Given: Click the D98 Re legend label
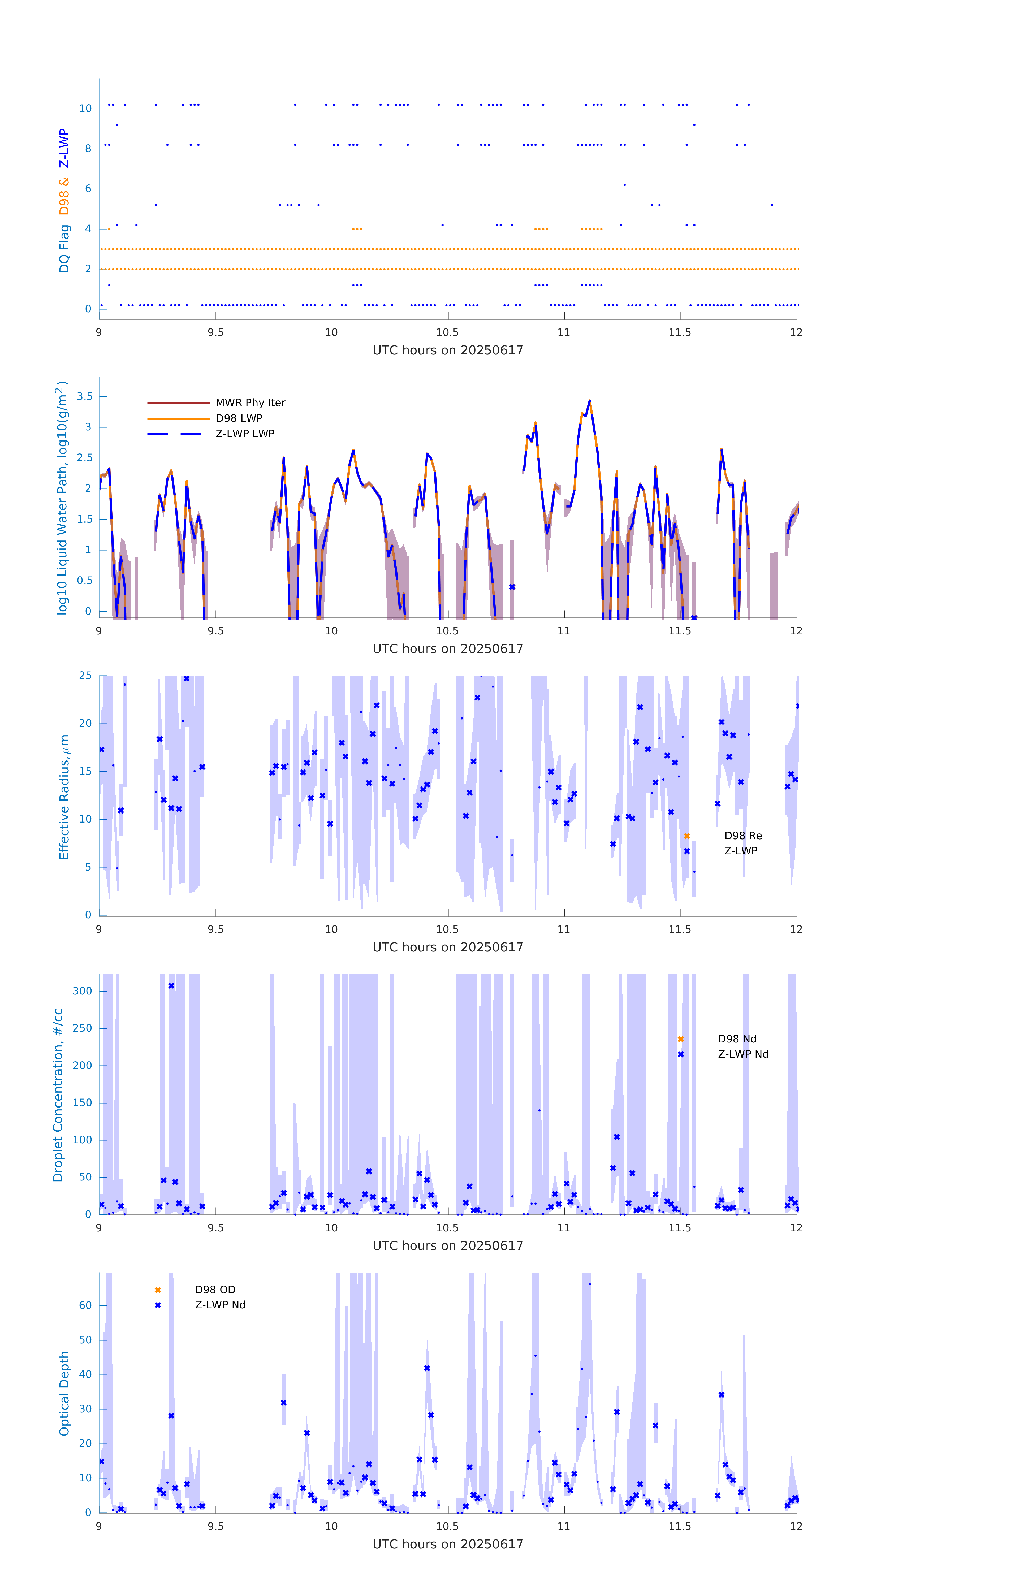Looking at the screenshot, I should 742,836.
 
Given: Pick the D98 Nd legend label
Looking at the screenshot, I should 737,1039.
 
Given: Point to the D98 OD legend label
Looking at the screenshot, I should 215,1289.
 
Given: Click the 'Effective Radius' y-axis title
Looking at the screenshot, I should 64,797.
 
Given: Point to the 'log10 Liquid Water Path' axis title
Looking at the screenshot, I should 62,498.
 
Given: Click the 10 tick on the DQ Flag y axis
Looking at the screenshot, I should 85,109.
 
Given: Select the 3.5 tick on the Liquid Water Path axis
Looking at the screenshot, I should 85,397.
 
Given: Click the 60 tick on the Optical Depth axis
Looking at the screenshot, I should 85,1305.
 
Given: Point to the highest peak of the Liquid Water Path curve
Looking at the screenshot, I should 589,401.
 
